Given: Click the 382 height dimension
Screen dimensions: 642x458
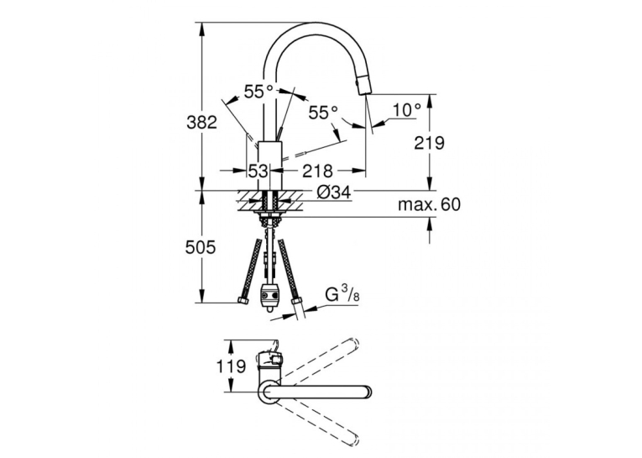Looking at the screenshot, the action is [201, 122].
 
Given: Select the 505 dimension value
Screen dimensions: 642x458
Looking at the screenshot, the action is [201, 247].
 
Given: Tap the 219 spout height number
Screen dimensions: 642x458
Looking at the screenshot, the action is [429, 143].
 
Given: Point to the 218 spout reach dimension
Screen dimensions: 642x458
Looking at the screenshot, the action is [317, 171].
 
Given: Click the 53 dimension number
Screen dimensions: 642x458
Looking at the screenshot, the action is [258, 171].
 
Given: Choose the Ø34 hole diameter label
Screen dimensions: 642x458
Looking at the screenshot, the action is [334, 192].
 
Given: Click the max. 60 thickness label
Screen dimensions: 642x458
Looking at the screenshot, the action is [429, 204].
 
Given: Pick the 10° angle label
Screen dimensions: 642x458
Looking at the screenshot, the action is [406, 109].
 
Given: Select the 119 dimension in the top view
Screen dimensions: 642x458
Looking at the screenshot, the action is [231, 366].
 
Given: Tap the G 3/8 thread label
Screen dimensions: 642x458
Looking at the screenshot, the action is [342, 295].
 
